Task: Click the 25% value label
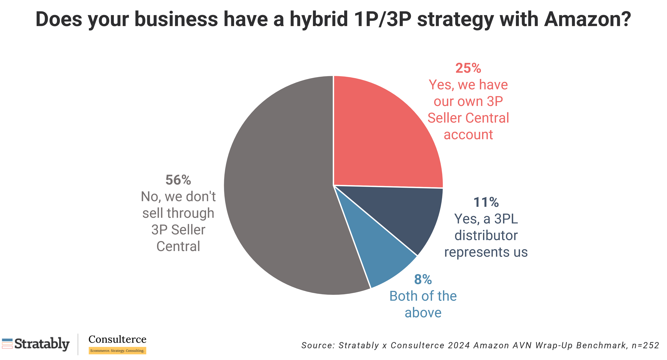click(x=468, y=68)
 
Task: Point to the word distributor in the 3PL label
click(x=486, y=236)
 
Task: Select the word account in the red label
click(x=468, y=135)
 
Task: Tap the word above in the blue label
click(x=423, y=313)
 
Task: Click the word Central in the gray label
click(x=178, y=246)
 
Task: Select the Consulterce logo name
click(x=117, y=339)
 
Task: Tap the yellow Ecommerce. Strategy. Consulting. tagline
click(x=117, y=351)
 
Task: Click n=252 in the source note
click(x=645, y=345)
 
